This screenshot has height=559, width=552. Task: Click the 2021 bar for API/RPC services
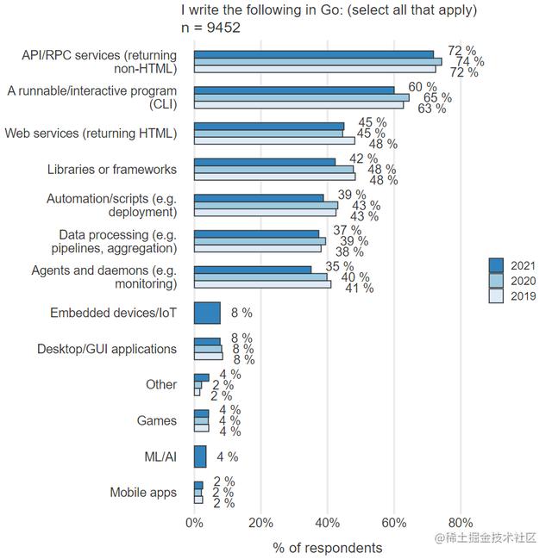point(314,54)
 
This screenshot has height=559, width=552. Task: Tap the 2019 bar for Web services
point(274,141)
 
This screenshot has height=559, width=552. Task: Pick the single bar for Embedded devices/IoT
point(207,313)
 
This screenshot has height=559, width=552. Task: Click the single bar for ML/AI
point(200,457)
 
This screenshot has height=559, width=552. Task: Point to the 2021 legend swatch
point(496,264)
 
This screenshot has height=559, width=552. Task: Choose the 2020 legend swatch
point(496,280)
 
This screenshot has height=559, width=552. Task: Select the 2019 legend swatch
point(496,295)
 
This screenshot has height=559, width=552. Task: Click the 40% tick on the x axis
point(328,522)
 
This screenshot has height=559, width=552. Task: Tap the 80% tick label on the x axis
point(461,522)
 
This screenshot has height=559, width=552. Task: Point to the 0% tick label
point(195,522)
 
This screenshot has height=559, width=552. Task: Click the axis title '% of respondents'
point(327,547)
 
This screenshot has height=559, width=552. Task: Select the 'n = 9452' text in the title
point(210,28)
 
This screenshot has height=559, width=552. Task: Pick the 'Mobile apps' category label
point(143,493)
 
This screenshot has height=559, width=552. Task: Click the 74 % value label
point(469,62)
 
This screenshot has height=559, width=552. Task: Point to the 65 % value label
point(436,98)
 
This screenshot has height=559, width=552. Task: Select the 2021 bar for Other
point(201,377)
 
